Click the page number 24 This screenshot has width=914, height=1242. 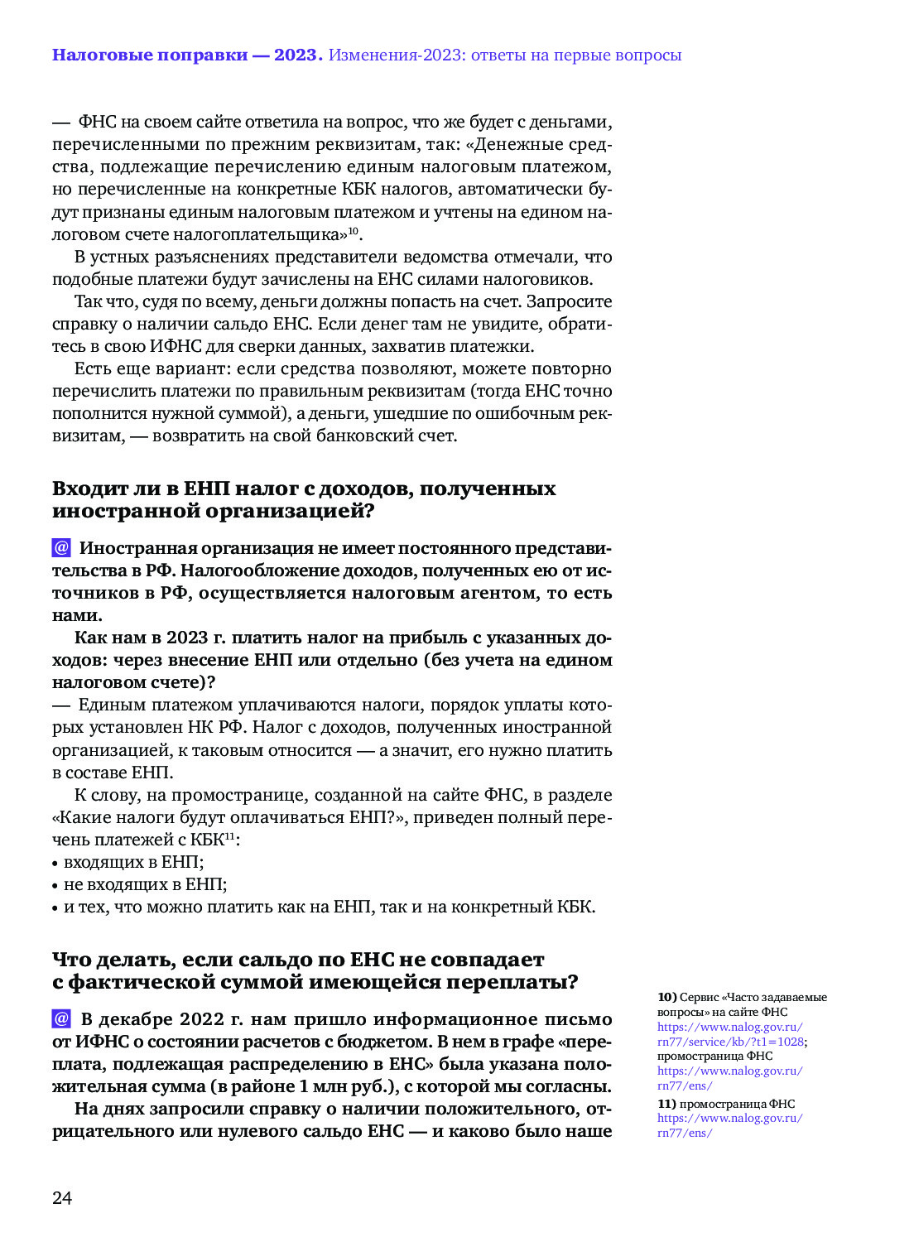coord(62,1198)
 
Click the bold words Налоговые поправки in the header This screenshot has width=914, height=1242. coord(150,55)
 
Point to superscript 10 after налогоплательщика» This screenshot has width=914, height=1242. coord(353,231)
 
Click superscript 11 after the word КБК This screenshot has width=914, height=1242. coord(230,835)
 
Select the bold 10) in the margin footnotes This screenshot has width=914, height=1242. coord(667,997)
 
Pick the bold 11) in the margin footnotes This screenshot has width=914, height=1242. coord(667,1104)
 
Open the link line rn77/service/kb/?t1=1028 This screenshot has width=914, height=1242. coord(731,1042)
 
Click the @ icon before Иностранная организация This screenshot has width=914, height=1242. coord(61,547)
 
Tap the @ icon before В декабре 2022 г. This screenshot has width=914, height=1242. coord(61,1018)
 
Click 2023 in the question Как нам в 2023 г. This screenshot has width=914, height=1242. coord(187,638)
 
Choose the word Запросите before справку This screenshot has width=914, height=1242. coord(570,301)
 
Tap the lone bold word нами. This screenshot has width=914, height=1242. coord(76,615)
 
